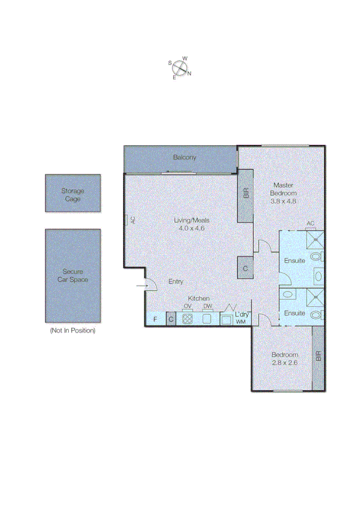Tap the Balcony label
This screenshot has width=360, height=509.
[x=184, y=157]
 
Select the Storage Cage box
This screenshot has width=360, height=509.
[x=72, y=194]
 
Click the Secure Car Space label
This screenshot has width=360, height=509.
[x=72, y=275]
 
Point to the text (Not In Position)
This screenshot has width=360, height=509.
[x=72, y=330]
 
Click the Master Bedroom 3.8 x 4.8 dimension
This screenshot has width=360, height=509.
[x=283, y=201]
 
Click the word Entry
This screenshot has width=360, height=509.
[x=176, y=282]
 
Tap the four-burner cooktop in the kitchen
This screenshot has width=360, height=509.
[x=187, y=319]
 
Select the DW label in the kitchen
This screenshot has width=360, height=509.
[x=207, y=306]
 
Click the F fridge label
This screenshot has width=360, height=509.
[x=155, y=319]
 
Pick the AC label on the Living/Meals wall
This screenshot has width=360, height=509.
[x=133, y=220]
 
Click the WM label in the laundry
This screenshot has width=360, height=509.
[x=241, y=322]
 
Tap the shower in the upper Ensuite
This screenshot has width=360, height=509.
[x=314, y=239]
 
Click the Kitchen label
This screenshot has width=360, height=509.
[x=198, y=298]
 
